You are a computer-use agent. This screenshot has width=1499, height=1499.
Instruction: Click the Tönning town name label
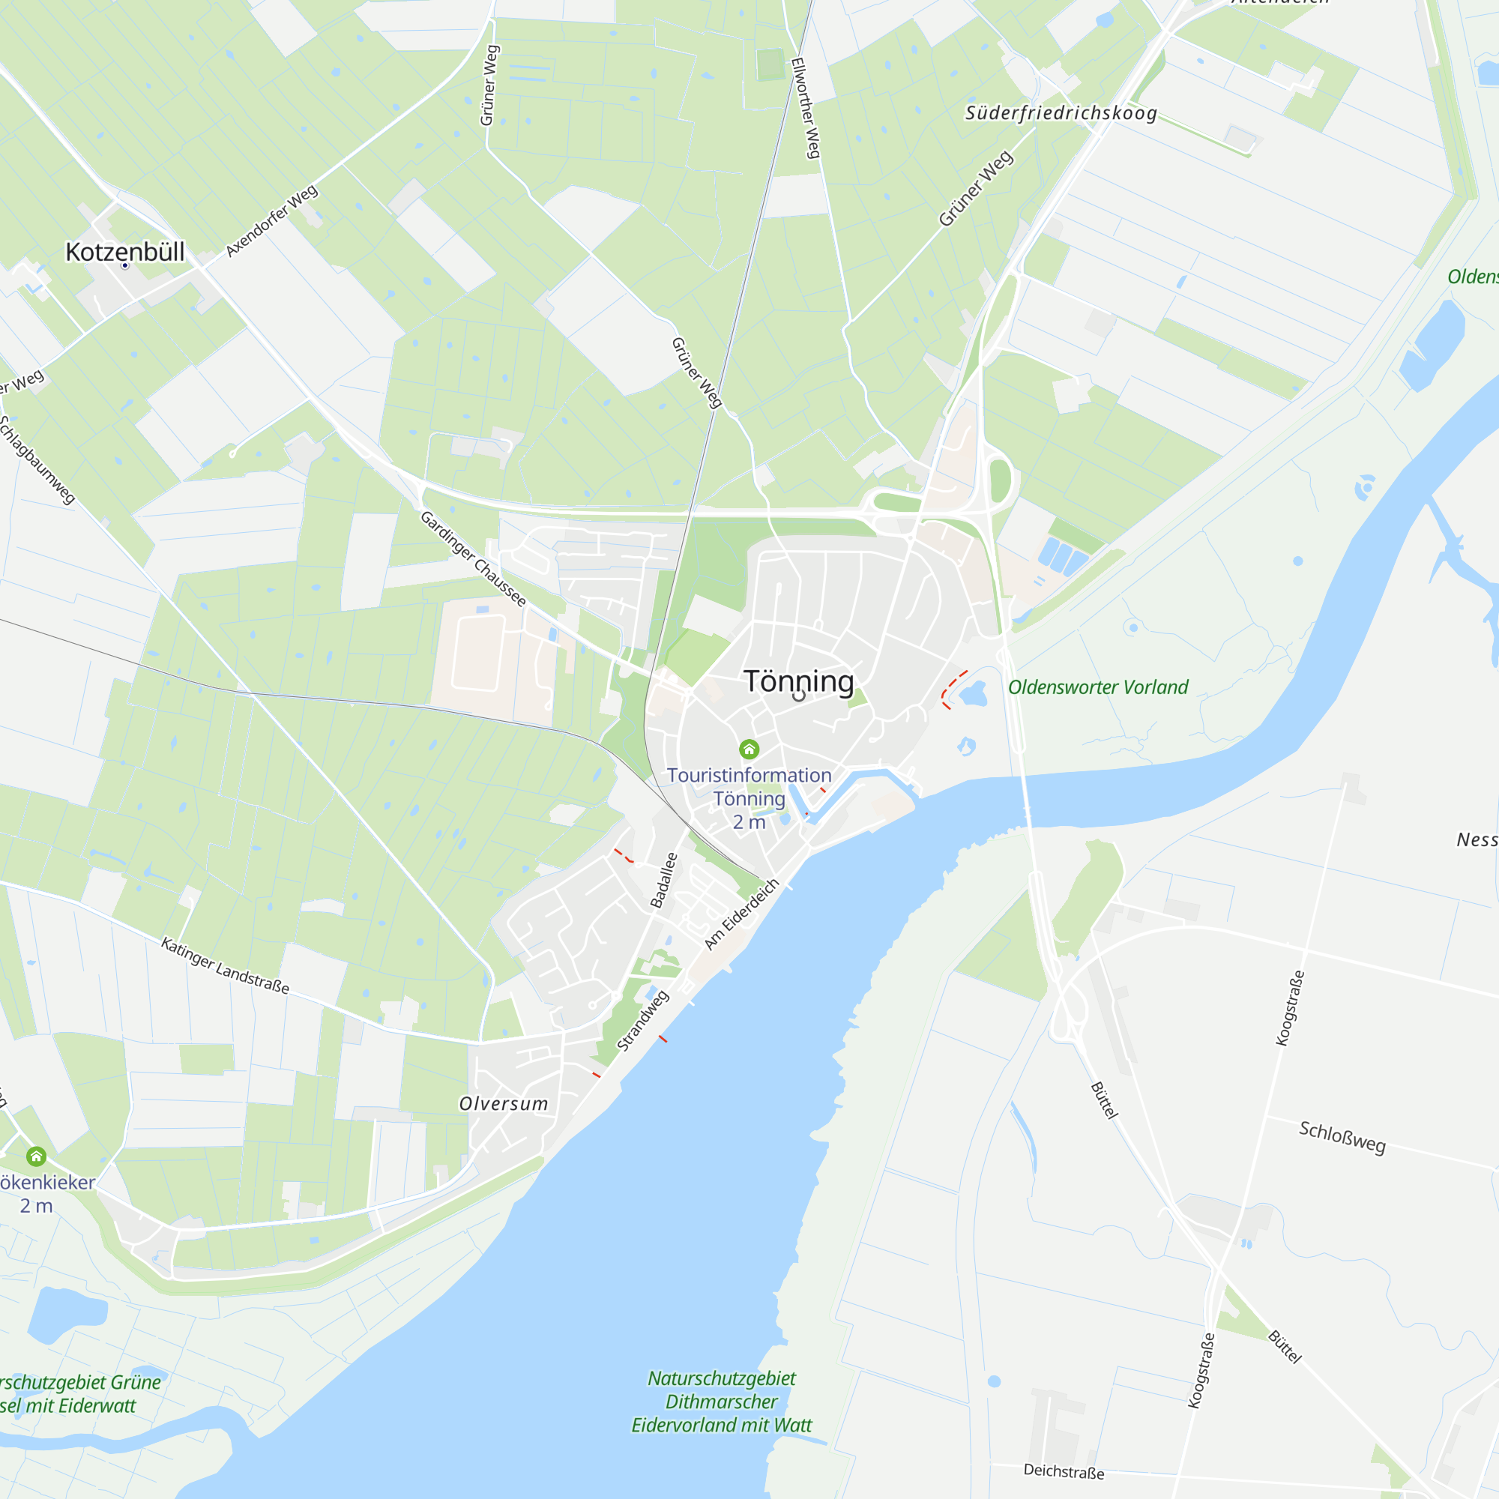click(798, 681)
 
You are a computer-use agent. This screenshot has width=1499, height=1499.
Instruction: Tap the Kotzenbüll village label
click(125, 251)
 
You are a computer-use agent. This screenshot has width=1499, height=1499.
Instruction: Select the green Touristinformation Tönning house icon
click(749, 749)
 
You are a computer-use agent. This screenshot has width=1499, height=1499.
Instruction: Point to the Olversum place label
click(504, 1103)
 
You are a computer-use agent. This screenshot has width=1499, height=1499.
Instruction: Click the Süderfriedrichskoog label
click(1061, 113)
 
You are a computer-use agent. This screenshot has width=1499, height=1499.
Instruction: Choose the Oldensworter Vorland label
click(1098, 687)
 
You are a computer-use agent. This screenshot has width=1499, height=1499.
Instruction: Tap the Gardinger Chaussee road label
click(473, 558)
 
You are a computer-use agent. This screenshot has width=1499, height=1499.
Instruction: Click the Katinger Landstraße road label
click(225, 966)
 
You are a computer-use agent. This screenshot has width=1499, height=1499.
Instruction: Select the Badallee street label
click(663, 880)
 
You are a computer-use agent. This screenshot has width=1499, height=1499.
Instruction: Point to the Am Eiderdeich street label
click(741, 914)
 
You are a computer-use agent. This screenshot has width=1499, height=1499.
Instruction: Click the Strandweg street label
click(642, 1021)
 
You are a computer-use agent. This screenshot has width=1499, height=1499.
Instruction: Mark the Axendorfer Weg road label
click(271, 220)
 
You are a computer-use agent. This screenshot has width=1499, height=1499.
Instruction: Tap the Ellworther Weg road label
click(806, 108)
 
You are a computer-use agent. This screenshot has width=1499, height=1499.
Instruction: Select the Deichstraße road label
click(1064, 1471)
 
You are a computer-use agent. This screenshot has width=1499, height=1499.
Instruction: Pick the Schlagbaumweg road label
click(37, 459)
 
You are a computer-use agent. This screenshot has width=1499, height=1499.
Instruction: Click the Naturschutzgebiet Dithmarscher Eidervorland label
click(722, 1402)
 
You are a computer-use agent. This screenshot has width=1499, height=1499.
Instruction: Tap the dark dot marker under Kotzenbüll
click(125, 266)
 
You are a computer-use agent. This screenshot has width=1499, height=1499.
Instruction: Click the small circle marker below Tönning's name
click(798, 696)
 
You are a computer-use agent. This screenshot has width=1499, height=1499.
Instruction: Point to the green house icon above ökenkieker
click(37, 1156)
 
